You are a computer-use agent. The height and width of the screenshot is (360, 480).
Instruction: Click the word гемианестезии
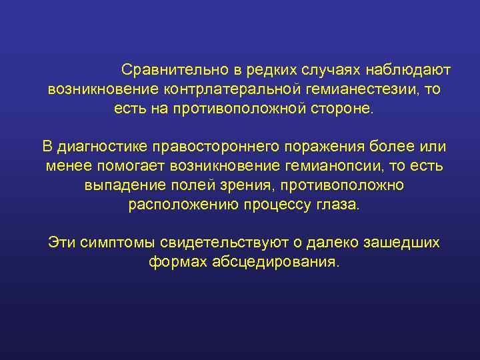(357, 89)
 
